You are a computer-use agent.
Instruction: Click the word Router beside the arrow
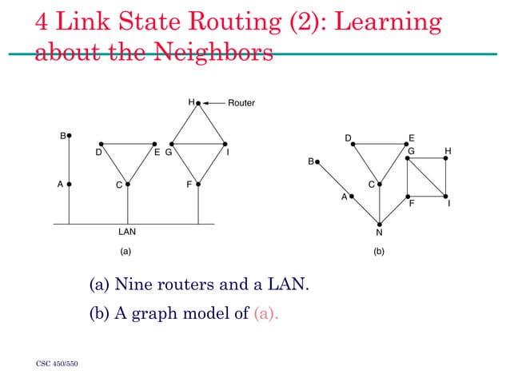click(241, 103)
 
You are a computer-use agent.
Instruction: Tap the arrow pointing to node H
click(213, 103)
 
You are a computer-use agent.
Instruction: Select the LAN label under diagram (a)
click(127, 233)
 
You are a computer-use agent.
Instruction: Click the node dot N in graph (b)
click(379, 224)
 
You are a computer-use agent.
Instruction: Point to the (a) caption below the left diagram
click(125, 251)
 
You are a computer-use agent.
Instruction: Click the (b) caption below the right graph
click(379, 251)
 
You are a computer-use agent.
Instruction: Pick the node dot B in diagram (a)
click(70, 136)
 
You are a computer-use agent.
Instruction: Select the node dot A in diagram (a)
click(70, 184)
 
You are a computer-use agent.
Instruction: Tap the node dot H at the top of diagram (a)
click(198, 103)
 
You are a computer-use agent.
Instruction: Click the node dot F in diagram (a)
click(198, 184)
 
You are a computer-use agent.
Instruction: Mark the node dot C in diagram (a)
click(127, 184)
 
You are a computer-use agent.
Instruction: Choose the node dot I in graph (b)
click(445, 197)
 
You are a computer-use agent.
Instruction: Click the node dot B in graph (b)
click(317, 162)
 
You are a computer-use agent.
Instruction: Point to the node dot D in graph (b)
click(352, 145)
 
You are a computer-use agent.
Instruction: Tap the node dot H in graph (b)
click(445, 157)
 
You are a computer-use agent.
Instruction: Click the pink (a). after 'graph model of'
click(267, 312)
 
